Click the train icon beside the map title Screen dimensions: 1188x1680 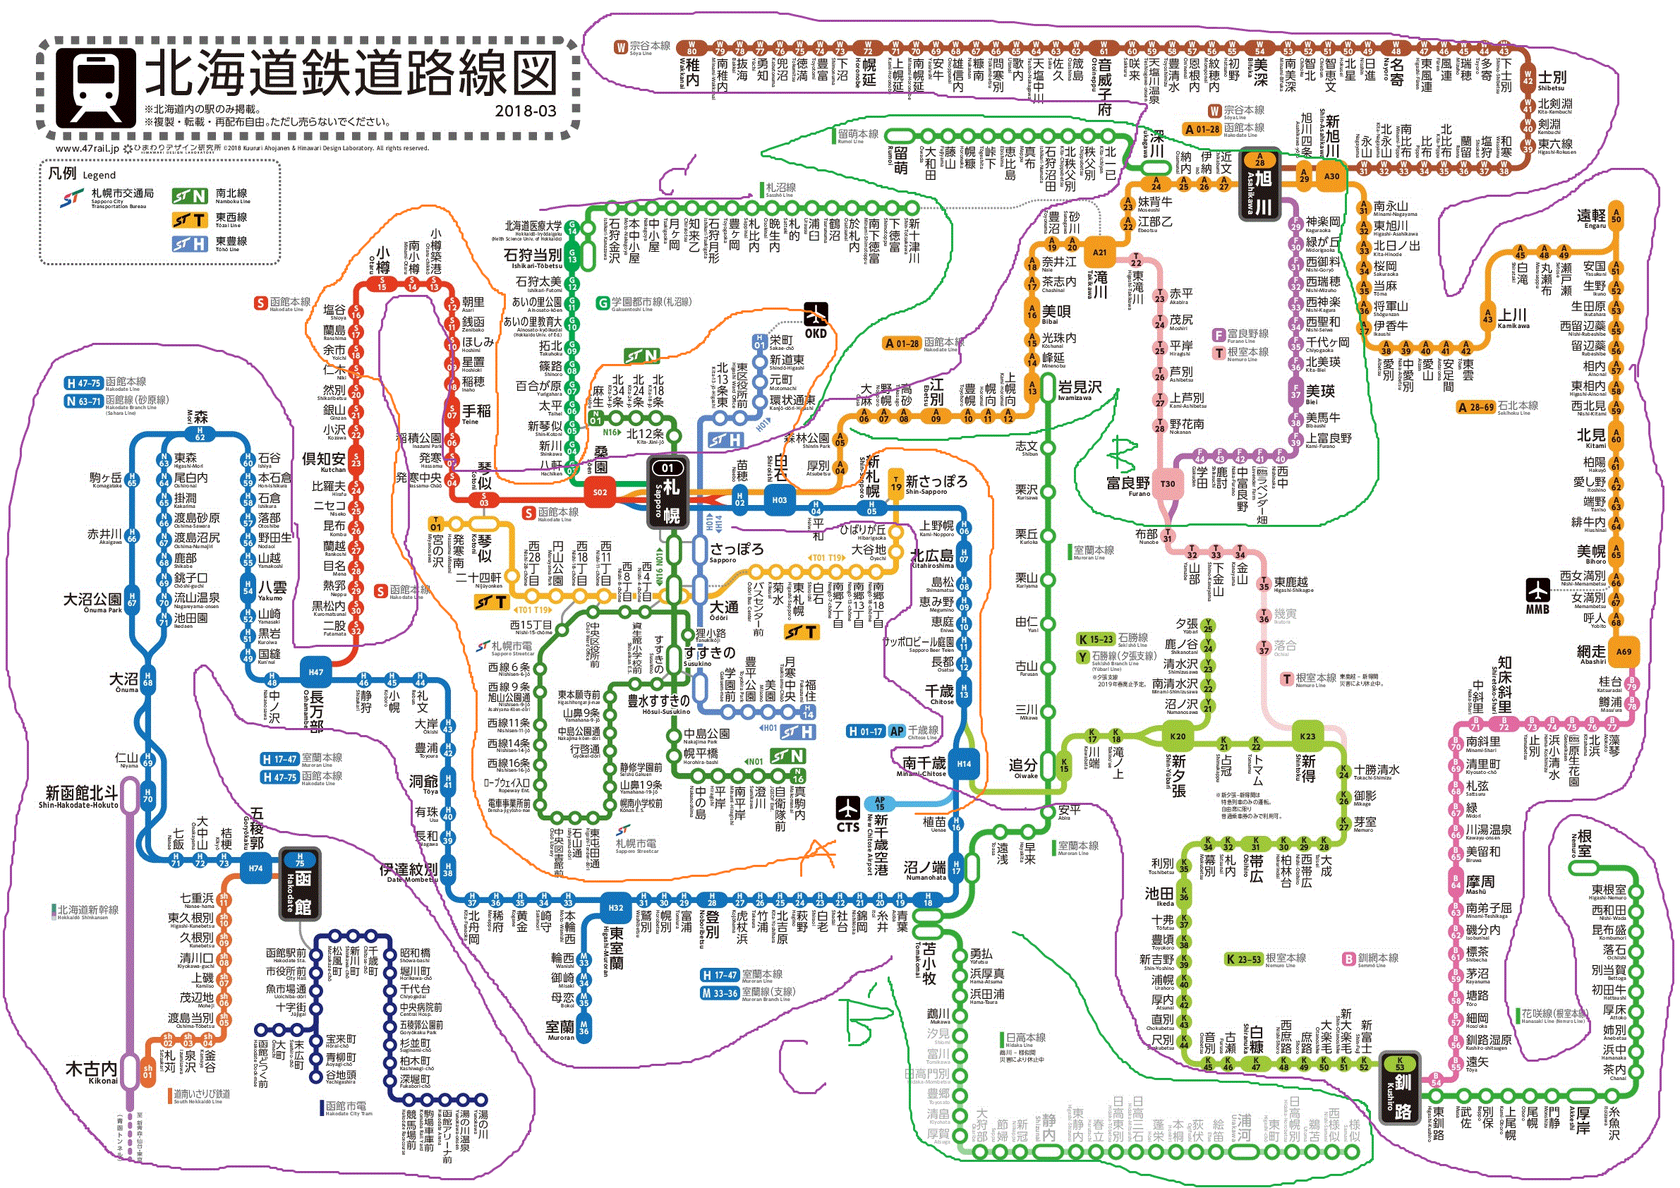96,87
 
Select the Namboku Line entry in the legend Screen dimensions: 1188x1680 212,196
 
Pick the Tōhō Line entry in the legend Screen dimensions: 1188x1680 212,243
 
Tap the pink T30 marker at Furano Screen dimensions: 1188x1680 1168,483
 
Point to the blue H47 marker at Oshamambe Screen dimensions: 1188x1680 316,672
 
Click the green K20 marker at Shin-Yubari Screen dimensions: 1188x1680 1178,737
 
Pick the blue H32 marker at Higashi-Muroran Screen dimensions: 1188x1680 615,908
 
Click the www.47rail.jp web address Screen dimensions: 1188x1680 86,148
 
